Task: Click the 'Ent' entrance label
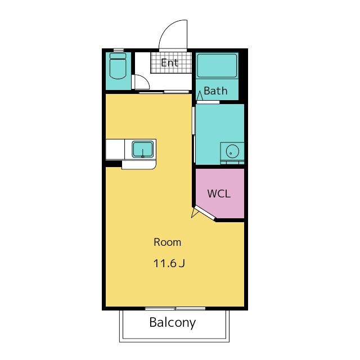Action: coord(169,62)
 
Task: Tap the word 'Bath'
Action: coord(215,91)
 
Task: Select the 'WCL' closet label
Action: coord(219,193)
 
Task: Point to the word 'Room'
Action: coord(168,242)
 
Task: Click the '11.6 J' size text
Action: coord(169,263)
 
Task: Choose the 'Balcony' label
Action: coord(173,323)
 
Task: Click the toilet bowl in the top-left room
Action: coord(118,69)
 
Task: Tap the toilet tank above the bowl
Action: coord(118,56)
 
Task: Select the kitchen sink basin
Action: coord(142,149)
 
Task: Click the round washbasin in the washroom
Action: coord(232,151)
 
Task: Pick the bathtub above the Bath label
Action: coord(217,66)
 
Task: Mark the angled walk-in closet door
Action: coord(204,213)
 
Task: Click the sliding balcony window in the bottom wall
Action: coord(175,309)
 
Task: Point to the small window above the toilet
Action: coord(119,49)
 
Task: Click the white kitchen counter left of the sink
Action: coord(115,149)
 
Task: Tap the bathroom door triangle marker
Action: coord(200,96)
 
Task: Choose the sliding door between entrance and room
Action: coord(164,92)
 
